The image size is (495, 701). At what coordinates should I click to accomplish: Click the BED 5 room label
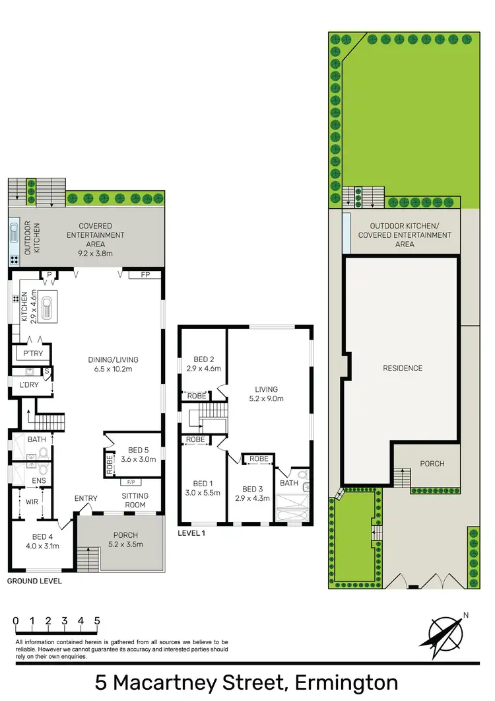click(137, 453)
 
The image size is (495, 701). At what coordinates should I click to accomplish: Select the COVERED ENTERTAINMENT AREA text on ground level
click(101, 235)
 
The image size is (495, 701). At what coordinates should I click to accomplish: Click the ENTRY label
click(86, 498)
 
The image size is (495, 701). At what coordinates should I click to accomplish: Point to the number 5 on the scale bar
click(97, 621)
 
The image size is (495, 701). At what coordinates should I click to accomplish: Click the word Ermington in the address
click(346, 682)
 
